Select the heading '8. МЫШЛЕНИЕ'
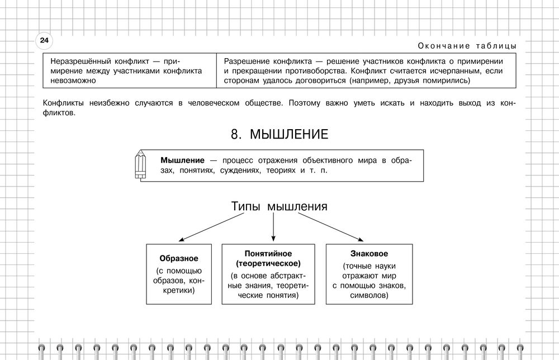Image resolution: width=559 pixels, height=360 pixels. point(279,135)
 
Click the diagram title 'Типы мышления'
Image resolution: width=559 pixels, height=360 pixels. point(279,206)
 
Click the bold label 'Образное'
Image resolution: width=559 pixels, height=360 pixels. point(179,258)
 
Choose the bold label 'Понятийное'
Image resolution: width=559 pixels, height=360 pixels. point(268,253)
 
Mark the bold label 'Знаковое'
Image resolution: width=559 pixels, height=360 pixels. point(369,253)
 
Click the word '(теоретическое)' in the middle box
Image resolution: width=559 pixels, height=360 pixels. point(268,263)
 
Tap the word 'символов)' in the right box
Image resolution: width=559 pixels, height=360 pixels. point(369,296)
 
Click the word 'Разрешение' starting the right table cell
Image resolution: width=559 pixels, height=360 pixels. point(246,61)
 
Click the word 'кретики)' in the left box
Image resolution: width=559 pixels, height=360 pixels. point(179,290)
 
